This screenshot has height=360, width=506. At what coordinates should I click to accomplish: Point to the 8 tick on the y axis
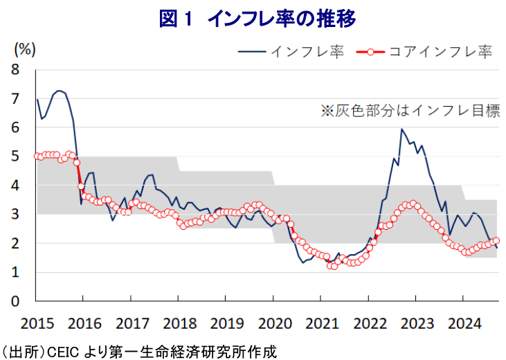(15, 69)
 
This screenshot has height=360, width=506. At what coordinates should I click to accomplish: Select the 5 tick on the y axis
(15, 156)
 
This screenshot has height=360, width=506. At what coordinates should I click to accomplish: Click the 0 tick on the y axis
(15, 302)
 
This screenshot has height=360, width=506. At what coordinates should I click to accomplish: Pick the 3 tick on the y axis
(15, 215)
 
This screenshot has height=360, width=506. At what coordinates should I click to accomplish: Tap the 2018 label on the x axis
(178, 323)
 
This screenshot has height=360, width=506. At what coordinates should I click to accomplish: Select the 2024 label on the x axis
(462, 323)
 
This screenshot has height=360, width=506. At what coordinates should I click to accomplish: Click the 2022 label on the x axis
(368, 323)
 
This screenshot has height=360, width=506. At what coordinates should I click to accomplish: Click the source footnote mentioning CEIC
(138, 350)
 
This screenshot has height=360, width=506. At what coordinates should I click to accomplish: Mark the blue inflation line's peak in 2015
(60, 90)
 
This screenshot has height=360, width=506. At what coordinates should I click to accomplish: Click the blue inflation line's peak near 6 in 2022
(401, 129)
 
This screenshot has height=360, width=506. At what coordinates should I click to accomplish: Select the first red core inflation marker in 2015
(37, 156)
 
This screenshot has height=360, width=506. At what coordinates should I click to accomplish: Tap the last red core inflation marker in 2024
(496, 241)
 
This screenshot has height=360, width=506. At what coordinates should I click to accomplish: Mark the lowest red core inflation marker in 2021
(334, 266)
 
